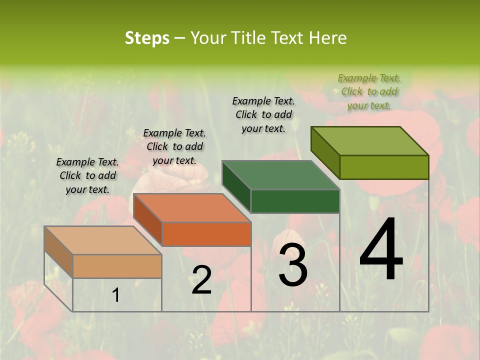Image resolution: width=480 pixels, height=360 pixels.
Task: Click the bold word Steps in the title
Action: [x=147, y=38]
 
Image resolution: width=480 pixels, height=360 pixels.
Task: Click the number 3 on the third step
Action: [x=293, y=265]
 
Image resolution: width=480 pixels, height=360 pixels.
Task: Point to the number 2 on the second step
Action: [x=201, y=279]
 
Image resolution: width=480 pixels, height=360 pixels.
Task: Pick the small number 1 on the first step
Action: [x=116, y=295]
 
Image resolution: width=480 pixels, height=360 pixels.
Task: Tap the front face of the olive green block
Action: [x=384, y=167]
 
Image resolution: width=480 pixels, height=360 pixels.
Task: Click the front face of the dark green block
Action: [x=295, y=201]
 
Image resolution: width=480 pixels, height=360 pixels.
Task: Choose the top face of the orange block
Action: [x=192, y=208]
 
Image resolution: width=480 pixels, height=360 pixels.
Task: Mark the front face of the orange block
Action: [x=206, y=234]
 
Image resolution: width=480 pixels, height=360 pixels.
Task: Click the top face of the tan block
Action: [x=103, y=240]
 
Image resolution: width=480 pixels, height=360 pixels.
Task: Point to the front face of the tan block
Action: [x=117, y=266]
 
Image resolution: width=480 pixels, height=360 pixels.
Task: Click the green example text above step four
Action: [x=369, y=91]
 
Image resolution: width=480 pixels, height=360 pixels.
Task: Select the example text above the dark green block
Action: [x=263, y=114]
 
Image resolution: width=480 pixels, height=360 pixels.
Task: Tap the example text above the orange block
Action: [x=174, y=146]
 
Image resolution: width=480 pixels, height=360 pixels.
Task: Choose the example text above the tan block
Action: [x=87, y=175]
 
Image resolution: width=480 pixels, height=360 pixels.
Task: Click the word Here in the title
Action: [x=327, y=38]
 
